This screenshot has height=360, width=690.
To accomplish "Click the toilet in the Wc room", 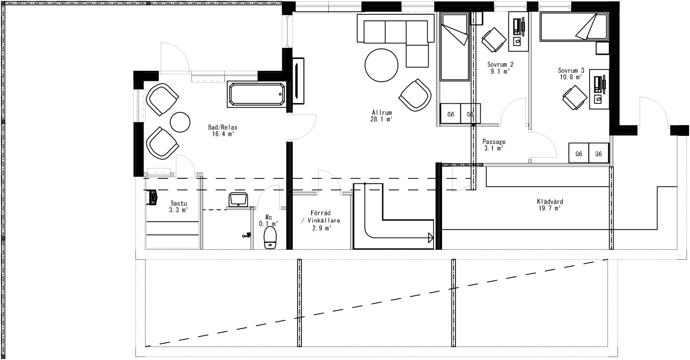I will (x=270, y=238).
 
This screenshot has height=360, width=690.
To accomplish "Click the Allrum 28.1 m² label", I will (x=382, y=115).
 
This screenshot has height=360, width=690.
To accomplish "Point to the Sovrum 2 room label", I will (x=500, y=68).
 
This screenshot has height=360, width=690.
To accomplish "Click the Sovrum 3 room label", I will (x=571, y=73).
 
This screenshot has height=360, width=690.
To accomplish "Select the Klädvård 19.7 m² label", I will (x=550, y=205).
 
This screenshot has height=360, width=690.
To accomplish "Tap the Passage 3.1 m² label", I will (x=494, y=145).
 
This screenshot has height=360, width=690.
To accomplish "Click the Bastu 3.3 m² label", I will (x=178, y=206).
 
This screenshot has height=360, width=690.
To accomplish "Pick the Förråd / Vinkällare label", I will (x=321, y=220).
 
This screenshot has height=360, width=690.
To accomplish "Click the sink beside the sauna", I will (x=238, y=200).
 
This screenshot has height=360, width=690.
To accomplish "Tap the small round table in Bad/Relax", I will (x=180, y=122).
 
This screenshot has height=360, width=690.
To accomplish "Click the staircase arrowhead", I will (x=430, y=237).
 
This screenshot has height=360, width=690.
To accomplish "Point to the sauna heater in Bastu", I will (x=153, y=198).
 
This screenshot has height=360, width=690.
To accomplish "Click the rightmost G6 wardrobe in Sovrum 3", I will (x=598, y=154).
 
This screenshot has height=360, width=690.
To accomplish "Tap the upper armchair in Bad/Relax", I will (x=162, y=99).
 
